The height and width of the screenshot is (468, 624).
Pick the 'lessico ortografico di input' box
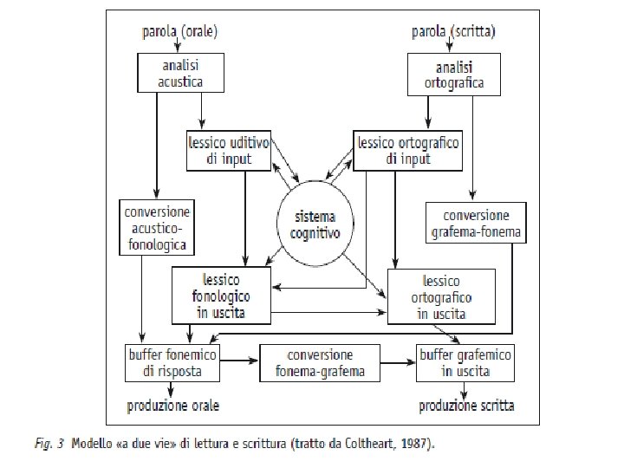(407, 150)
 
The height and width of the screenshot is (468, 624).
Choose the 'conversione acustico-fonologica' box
(157, 227)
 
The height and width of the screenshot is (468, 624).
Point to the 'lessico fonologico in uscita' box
(221, 295)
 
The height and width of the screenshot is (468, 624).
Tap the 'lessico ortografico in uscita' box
(442, 296)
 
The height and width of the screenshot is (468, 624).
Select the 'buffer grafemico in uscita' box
(465, 362)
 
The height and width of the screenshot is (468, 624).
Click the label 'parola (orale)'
(179, 32)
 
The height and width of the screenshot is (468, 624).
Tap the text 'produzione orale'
(173, 405)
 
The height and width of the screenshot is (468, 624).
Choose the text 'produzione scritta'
(467, 405)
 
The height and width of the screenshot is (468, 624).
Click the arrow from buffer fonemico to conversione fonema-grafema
(241, 359)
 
